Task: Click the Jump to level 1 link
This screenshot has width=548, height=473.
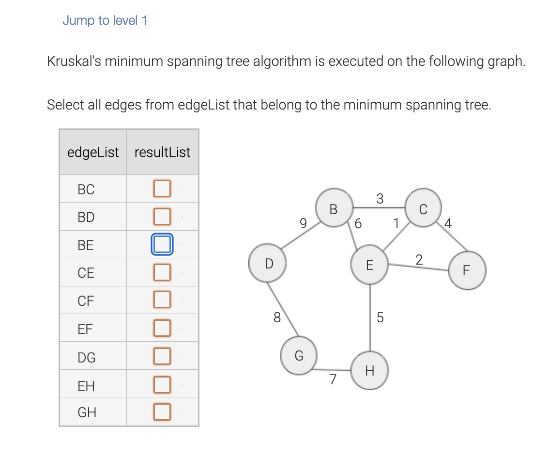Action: click(105, 20)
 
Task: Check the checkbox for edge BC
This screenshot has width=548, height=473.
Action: click(162, 189)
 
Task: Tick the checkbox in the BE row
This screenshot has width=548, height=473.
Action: click(162, 244)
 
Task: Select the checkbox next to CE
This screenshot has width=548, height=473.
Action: click(162, 272)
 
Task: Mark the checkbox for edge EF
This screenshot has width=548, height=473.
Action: click(162, 328)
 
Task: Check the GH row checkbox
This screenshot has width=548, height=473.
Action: click(162, 412)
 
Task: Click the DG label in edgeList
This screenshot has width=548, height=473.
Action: click(87, 358)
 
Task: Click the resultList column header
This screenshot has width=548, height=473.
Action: click(162, 152)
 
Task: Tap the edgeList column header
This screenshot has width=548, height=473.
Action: click(93, 152)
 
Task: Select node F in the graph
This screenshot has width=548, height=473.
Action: click(467, 270)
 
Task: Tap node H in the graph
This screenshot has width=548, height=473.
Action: click(370, 371)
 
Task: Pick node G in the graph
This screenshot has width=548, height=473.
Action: click(299, 356)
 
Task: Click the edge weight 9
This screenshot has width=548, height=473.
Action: click(303, 223)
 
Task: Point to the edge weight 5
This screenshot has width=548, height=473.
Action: click(380, 317)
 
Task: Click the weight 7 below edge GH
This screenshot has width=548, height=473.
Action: click(333, 379)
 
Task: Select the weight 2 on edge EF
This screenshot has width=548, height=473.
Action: click(419, 259)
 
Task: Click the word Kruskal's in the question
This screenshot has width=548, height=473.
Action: click(74, 62)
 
